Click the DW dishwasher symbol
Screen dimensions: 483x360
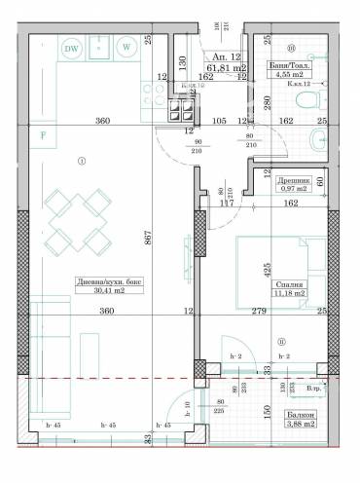point(71,47)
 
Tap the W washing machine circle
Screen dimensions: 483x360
point(126,47)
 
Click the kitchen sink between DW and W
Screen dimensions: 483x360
point(98,47)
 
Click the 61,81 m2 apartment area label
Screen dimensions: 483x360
point(222,68)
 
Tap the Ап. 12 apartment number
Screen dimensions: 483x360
point(223,56)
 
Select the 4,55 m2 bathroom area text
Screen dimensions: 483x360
point(289,73)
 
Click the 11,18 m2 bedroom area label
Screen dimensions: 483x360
point(289,291)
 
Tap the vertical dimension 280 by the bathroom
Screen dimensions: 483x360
point(264,103)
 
